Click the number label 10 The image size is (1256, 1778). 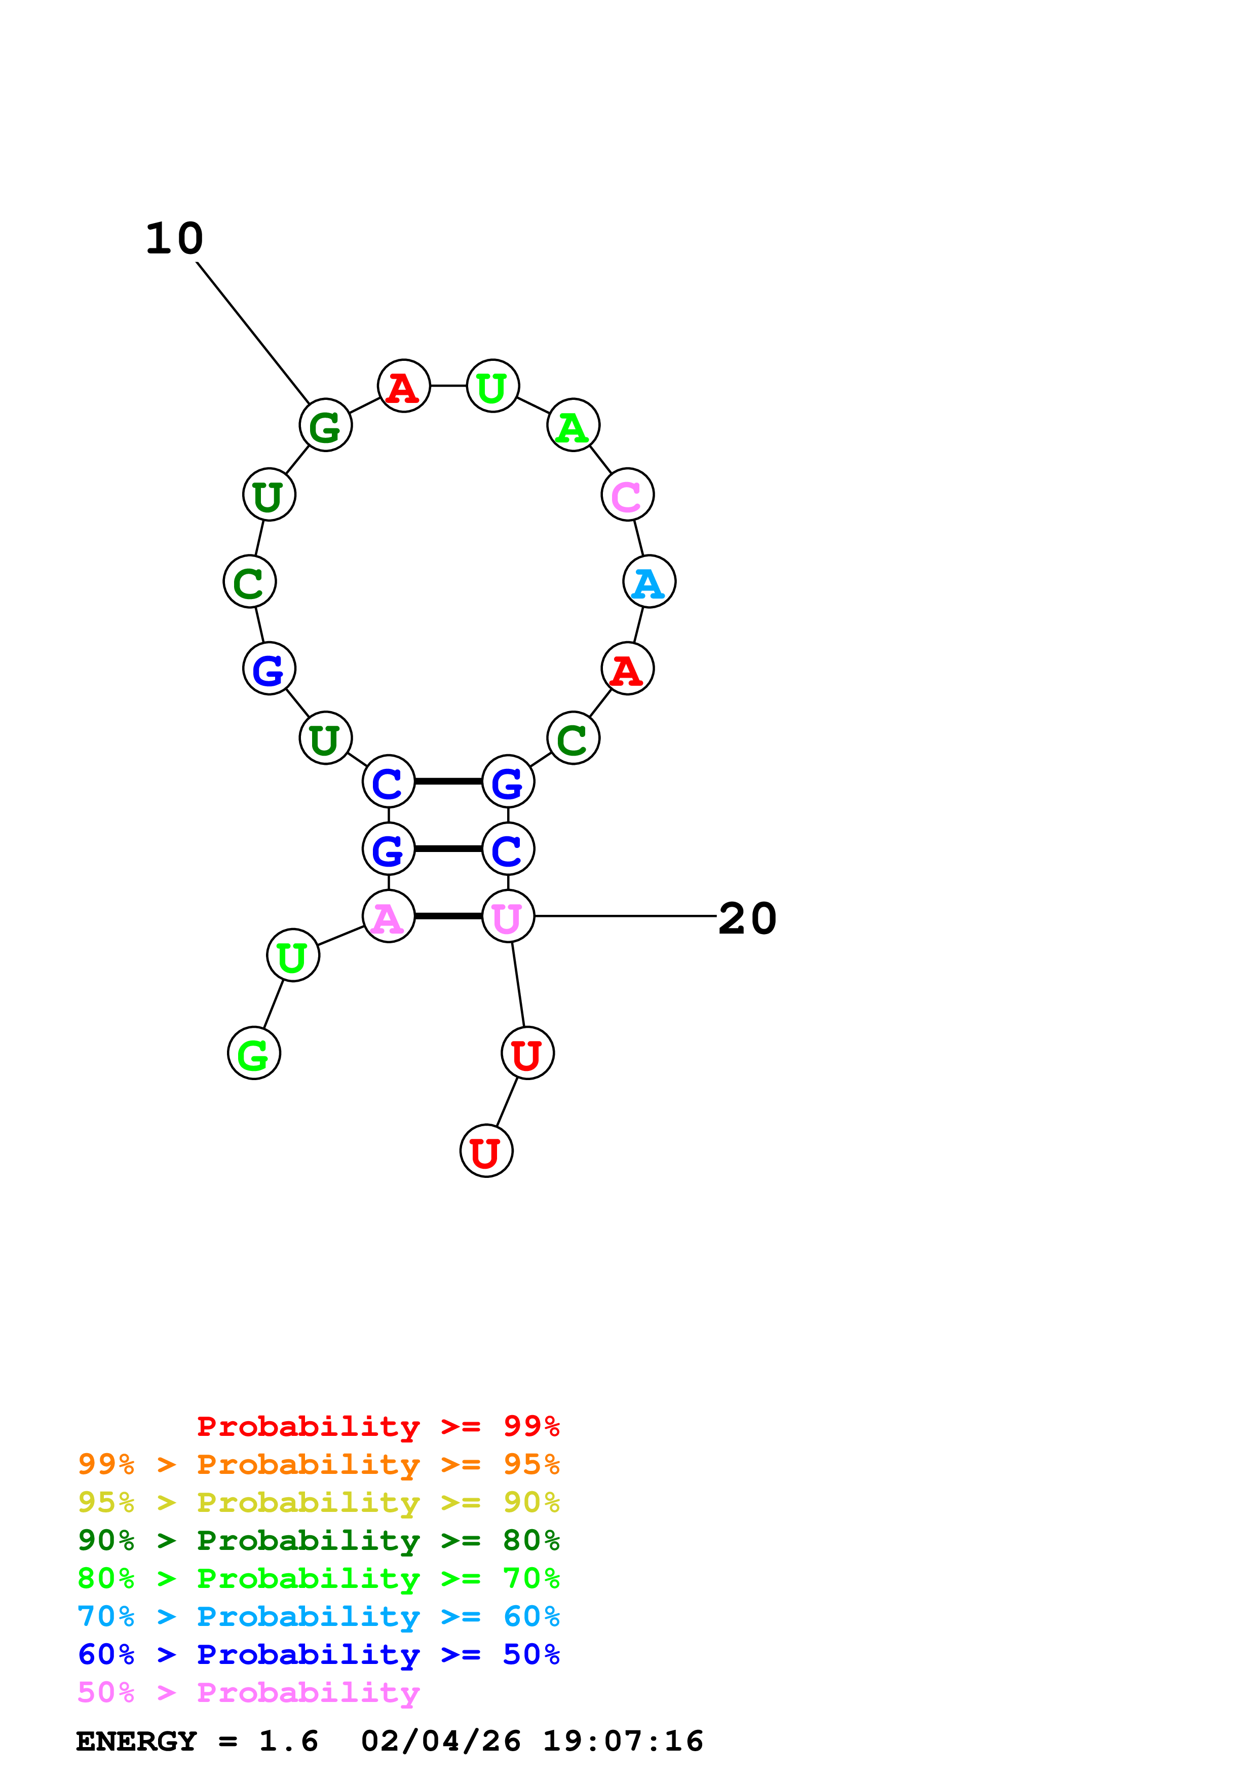(175, 239)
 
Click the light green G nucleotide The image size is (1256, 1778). (254, 1053)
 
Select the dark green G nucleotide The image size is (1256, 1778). (326, 425)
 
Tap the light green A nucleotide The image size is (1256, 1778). (573, 425)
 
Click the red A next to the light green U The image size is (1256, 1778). (403, 386)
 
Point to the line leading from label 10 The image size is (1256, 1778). (253, 333)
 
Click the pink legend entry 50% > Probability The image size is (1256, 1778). (248, 1693)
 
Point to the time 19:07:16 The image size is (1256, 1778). (623, 1742)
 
